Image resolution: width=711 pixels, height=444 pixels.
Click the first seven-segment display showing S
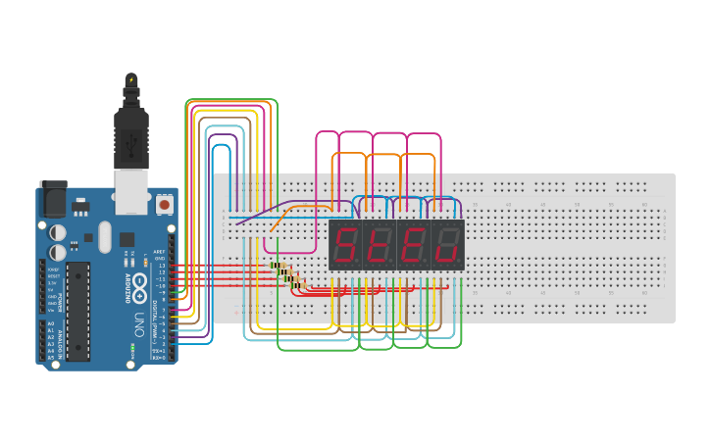point(345,245)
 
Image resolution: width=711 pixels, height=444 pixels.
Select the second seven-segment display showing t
point(379,245)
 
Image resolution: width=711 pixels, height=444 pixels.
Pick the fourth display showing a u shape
point(447,245)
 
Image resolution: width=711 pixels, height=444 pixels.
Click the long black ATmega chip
point(77,311)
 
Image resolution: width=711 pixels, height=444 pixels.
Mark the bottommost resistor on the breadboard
point(298,285)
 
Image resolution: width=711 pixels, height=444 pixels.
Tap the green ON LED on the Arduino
point(132,347)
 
